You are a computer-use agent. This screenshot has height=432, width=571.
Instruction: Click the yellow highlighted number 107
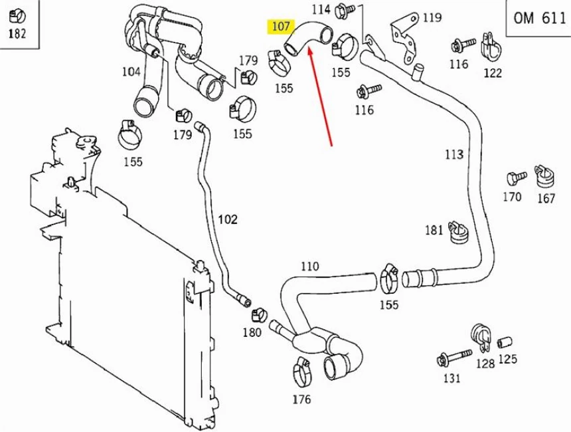[x=281, y=27]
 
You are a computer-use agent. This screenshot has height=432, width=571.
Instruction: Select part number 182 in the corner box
[x=17, y=33]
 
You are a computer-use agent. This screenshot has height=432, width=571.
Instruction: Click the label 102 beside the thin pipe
[x=227, y=219]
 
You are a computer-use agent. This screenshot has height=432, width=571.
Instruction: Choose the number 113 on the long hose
[x=454, y=155]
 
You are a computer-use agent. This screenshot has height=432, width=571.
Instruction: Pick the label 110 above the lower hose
[x=309, y=267]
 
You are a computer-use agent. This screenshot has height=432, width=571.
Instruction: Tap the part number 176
[x=301, y=399]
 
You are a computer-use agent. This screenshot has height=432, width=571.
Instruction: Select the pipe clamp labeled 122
[x=491, y=45]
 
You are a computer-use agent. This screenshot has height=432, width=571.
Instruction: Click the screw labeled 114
[x=345, y=9]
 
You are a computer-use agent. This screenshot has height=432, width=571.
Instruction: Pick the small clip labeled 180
[x=258, y=313]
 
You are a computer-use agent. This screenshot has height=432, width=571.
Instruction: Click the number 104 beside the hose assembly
[x=131, y=72]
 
